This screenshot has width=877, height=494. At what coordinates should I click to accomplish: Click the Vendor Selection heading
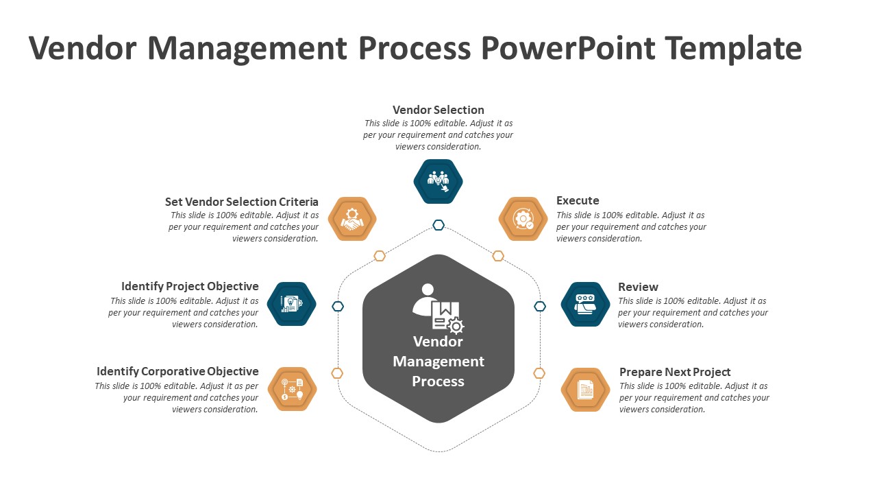coord(438,110)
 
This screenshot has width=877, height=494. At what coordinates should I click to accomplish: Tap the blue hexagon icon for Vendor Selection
coord(438,182)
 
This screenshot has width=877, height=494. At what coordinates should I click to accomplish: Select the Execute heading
coord(578,201)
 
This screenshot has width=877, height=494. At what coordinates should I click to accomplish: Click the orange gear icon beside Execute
coord(523,219)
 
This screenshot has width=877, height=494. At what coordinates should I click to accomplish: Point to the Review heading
coord(638,287)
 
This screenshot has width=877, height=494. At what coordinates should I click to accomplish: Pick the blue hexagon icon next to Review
coord(585,304)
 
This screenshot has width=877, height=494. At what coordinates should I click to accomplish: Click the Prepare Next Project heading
coord(675,372)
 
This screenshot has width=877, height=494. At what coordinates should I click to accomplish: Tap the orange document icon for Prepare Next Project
coord(585,390)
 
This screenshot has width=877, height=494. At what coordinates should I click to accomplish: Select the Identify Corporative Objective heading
coord(177,371)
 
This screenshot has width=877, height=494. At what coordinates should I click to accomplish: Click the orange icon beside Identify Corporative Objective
coord(292,389)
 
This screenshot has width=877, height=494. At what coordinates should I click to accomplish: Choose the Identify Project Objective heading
coord(190,286)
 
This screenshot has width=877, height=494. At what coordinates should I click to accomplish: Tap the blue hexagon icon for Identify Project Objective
coord(291,304)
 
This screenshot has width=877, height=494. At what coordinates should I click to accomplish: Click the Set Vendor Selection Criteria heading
coord(241,202)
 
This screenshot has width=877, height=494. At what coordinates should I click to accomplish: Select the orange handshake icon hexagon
coord(352,219)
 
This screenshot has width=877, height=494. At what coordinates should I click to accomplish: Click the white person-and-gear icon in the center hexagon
coord(438,308)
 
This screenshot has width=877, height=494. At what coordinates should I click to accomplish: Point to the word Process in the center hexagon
coord(438,381)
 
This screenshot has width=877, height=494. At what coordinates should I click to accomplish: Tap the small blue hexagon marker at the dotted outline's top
coord(438,225)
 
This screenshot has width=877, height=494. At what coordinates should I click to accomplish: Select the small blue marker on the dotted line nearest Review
coord(540,306)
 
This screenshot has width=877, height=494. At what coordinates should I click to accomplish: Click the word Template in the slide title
coord(734,49)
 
